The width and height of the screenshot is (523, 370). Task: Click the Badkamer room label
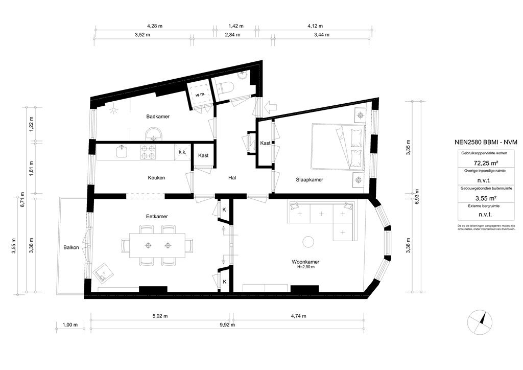(x=157, y=117)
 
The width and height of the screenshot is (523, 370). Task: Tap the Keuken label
(x=156, y=178)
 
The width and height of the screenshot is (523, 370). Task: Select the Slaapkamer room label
(x=310, y=180)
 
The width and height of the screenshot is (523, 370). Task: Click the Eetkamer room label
(x=157, y=217)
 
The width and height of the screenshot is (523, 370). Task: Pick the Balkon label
(x=71, y=247)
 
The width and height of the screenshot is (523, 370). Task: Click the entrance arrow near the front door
(x=269, y=106)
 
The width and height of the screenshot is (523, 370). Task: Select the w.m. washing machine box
(x=199, y=95)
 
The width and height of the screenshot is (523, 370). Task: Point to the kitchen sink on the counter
(x=122, y=151)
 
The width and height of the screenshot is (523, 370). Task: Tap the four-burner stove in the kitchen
(x=149, y=151)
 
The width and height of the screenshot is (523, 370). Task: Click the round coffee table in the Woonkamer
(x=308, y=241)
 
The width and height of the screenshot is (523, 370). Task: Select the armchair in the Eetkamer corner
(x=104, y=273)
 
